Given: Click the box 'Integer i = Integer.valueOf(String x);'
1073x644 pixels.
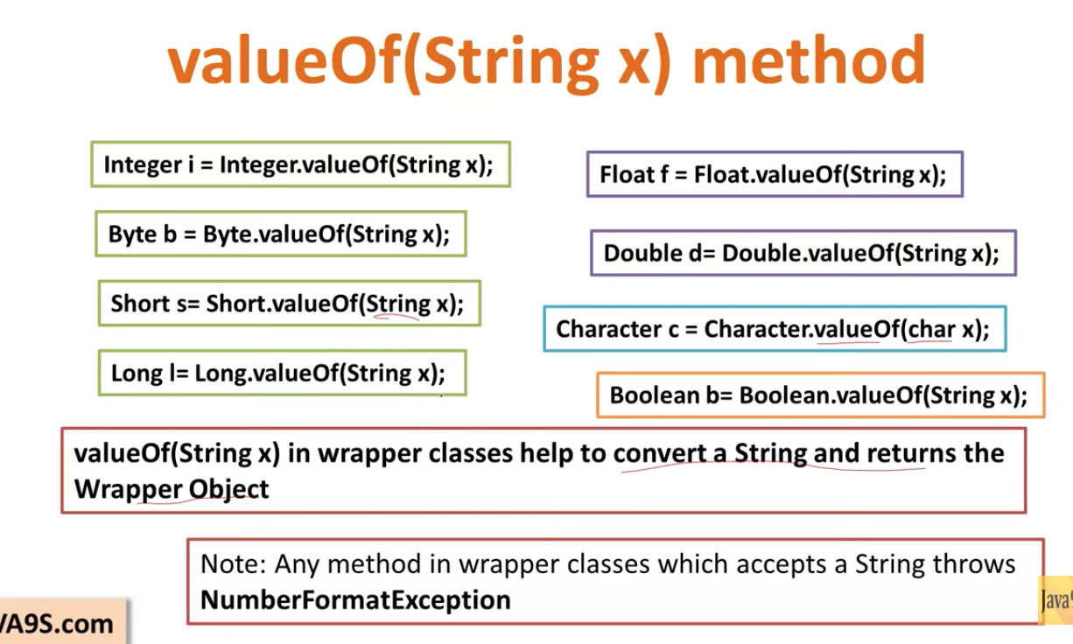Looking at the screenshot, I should (299, 164).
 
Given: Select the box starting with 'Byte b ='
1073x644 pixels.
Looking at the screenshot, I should (279, 234).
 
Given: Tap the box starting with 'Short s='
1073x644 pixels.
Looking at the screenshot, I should (289, 304).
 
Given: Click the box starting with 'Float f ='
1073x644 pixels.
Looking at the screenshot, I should (774, 174).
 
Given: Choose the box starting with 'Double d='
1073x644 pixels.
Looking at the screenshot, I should (803, 254).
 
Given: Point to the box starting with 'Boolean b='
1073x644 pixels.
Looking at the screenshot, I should (819, 395).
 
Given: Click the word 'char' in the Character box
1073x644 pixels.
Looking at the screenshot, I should (931, 329).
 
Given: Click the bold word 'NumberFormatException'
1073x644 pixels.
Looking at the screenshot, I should (355, 600).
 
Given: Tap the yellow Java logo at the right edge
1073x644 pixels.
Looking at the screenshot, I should (1055, 599).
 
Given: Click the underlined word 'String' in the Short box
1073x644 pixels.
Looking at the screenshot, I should (399, 304).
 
